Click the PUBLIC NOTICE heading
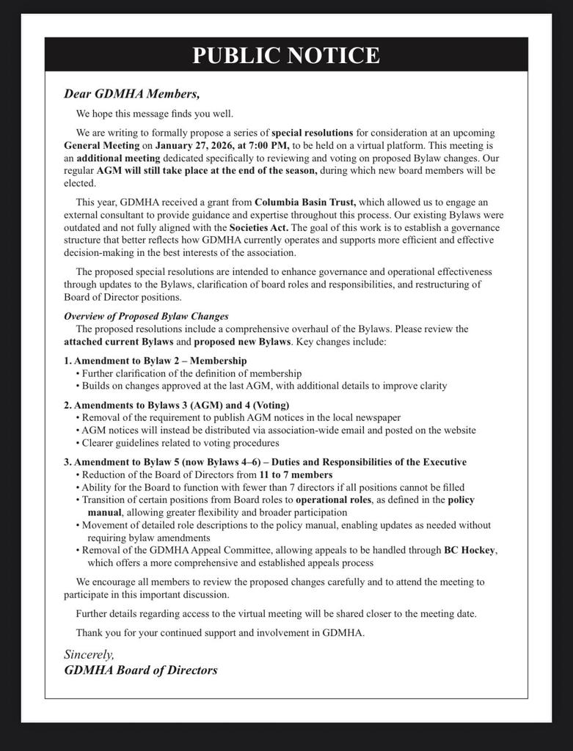(x=286, y=55)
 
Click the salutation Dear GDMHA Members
(x=131, y=94)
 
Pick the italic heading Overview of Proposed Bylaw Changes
(x=146, y=316)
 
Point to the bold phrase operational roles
(x=333, y=499)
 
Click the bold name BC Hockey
(x=470, y=550)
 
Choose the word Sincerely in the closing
(x=89, y=654)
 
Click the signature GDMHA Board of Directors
(x=141, y=670)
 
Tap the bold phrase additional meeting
(x=118, y=158)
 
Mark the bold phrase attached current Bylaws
(x=118, y=342)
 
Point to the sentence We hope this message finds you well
(x=155, y=114)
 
